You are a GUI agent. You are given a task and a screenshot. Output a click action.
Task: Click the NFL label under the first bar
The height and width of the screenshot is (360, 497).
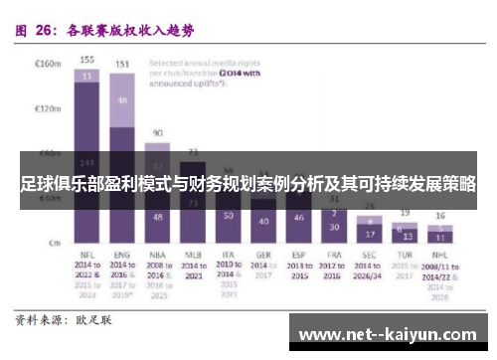coord(86,256)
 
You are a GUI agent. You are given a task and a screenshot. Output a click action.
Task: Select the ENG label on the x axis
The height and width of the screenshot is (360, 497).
coord(122,256)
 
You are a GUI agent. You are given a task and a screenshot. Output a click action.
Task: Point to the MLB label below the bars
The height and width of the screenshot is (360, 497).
coord(193,256)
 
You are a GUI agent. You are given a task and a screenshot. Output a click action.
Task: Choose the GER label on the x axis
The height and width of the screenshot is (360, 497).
coord(262,256)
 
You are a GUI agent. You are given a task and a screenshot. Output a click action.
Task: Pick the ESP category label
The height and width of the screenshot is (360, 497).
coord(298,256)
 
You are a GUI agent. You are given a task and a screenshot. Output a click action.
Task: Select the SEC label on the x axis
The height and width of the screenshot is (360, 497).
coord(370,256)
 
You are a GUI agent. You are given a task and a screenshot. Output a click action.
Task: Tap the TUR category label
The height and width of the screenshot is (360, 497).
coord(405,256)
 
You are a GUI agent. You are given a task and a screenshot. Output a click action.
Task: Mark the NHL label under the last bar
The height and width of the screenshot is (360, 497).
coord(439,256)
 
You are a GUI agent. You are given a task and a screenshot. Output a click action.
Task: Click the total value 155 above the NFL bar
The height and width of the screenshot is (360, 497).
coord(86,60)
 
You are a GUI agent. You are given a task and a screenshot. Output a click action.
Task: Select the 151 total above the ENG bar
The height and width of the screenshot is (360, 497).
coord(122,65)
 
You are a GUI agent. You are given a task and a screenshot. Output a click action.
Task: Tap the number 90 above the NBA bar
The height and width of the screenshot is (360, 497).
coord(158,132)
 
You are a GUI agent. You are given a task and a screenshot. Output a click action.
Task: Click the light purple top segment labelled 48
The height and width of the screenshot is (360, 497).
coord(122,100)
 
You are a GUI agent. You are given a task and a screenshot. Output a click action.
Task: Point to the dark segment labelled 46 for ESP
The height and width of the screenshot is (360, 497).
coord(298,217)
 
